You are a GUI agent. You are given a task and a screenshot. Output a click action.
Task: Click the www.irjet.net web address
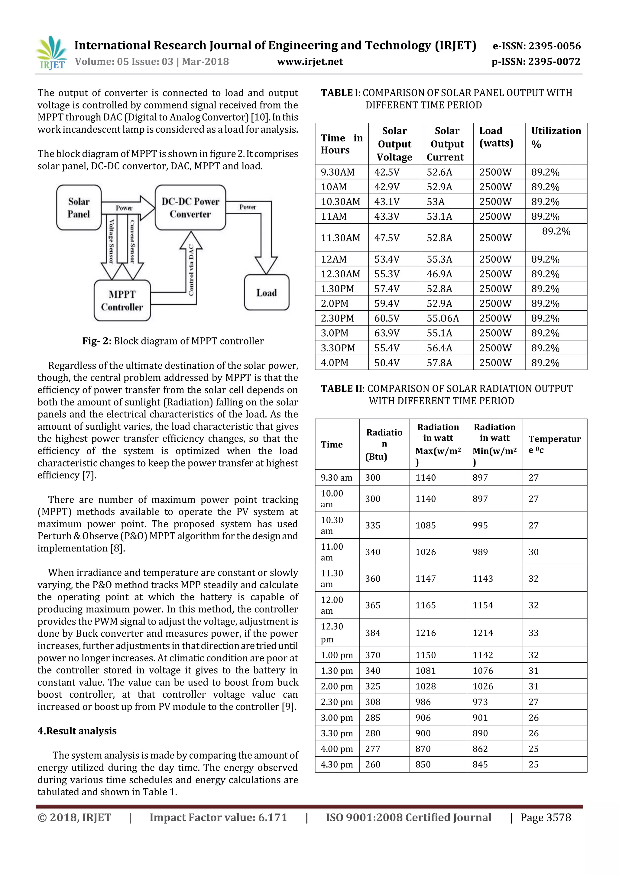tap(309, 62)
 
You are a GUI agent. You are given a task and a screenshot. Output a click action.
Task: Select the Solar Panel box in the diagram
tap(79, 208)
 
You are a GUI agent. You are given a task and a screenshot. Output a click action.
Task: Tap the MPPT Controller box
tap(122, 301)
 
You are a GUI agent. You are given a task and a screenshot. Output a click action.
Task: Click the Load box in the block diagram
tap(266, 293)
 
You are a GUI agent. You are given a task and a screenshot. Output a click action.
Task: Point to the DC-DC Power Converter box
tap(190, 208)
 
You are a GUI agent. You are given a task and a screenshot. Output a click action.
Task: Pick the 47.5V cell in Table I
tap(387, 238)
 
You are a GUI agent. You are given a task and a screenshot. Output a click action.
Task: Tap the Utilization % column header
tap(556, 137)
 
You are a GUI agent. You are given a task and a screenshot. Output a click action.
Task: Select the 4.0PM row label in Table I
tap(334, 363)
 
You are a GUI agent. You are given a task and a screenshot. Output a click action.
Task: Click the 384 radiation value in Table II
tap(372, 633)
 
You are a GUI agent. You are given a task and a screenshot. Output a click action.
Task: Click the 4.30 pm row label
tap(337, 764)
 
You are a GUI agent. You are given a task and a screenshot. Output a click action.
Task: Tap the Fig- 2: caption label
tap(97, 341)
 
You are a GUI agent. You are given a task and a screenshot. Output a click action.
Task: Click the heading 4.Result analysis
tap(77, 731)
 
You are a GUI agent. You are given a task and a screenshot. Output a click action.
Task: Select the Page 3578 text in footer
tap(546, 818)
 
